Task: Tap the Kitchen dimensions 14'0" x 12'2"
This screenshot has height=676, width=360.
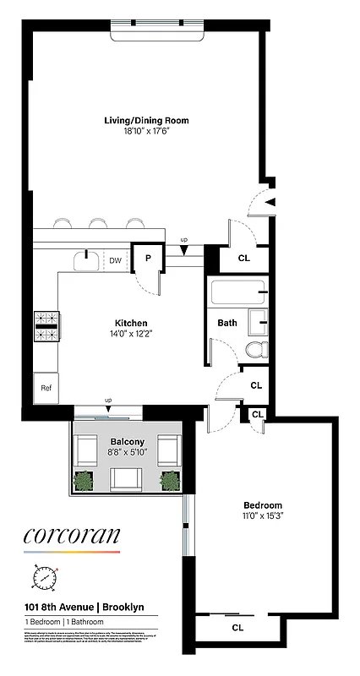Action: (132, 334)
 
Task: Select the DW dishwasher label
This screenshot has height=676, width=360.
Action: (116, 260)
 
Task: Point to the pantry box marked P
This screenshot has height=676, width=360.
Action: (147, 259)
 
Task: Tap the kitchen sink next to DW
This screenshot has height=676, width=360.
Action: (87, 259)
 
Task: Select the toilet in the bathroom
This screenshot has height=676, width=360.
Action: (256, 348)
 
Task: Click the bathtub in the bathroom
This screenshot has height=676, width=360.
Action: (237, 294)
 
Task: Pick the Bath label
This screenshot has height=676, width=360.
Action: (227, 323)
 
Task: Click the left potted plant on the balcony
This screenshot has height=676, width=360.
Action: (83, 481)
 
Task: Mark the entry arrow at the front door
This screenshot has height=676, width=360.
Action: (270, 201)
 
